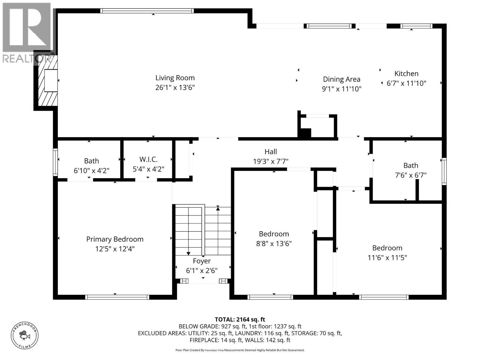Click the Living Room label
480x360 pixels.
[175, 78]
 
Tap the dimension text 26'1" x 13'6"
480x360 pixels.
[175, 88]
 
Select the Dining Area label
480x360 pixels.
[341, 79]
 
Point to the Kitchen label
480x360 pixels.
[406, 73]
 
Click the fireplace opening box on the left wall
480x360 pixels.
[51, 80]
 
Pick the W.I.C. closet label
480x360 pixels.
[148, 159]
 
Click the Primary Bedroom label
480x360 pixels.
[115, 239]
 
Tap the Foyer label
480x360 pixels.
[202, 261]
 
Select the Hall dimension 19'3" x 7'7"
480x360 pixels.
[271, 161]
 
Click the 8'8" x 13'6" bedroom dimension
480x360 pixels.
[274, 243]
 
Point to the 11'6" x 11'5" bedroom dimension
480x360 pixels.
[387, 257]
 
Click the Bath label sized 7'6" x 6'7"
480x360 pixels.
[410, 165]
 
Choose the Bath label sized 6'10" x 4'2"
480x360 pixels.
[91, 161]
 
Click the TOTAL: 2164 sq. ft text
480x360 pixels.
[240, 319]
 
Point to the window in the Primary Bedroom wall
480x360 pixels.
[117, 297]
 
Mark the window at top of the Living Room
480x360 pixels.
[147, 11]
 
